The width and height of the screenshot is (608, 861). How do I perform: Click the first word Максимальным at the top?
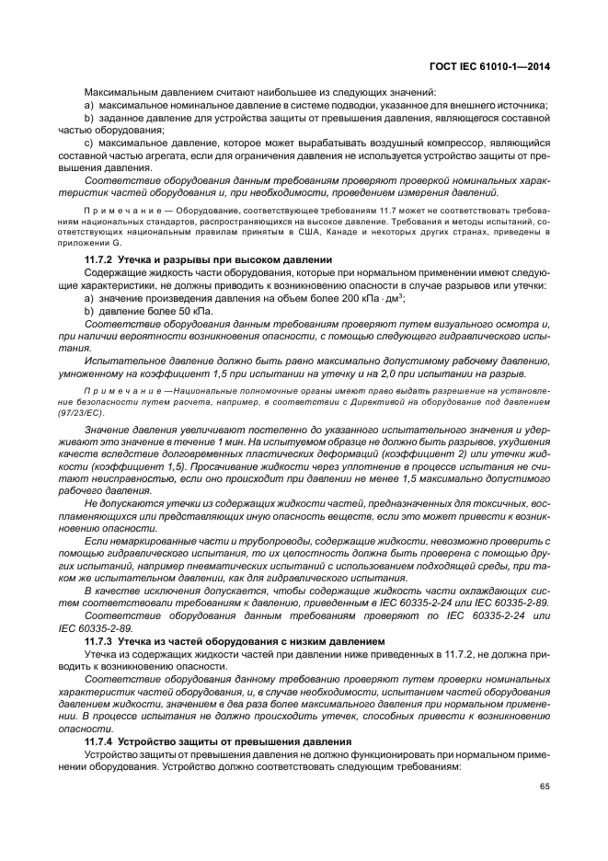(119, 93)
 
